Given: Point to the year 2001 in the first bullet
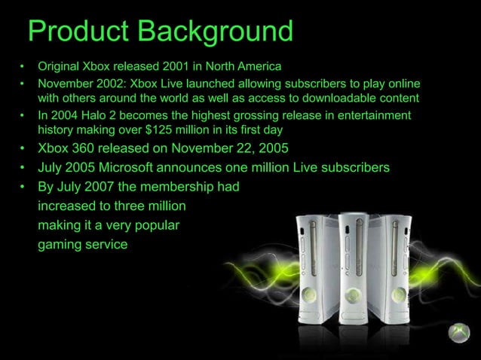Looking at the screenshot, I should (x=163, y=66).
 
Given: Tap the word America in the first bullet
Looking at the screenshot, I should (x=258, y=66).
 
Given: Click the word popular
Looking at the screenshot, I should (x=152, y=224).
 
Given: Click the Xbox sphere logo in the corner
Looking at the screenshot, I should (x=459, y=334).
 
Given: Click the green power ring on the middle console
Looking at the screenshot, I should (x=352, y=294).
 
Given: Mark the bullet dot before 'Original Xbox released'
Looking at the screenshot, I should (x=23, y=66).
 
